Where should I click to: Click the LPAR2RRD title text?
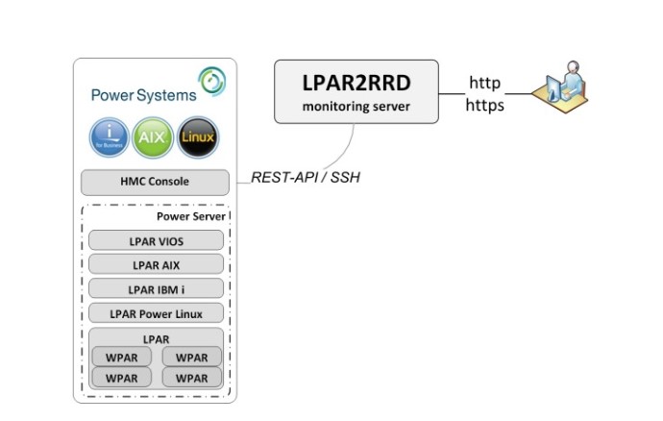coord(356,83)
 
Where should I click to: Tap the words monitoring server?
coord(356,106)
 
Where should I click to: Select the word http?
coord(484,83)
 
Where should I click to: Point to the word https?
coord(484,105)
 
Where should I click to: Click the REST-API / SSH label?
coord(306,177)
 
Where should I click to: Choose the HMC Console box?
coord(155,183)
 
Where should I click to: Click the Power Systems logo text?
coord(144,95)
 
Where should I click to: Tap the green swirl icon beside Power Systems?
coord(212,81)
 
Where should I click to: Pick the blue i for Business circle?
coord(110,137)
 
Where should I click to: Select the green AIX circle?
coord(153,137)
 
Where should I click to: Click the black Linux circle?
coord(198,137)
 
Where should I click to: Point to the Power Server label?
coord(190,216)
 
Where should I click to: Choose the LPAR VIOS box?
coord(156,240)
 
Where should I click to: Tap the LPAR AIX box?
coord(156,264)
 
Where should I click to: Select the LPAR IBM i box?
coord(156,288)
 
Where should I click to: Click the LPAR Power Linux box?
coord(156,313)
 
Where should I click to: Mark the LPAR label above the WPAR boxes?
coord(156,339)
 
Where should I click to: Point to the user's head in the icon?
coord(573,67)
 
